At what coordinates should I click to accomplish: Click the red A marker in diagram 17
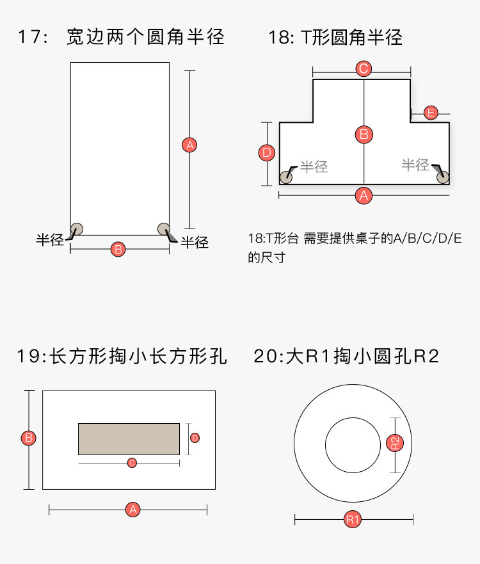pyautogui.click(x=189, y=145)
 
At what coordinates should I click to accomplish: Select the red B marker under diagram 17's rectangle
pyautogui.click(x=118, y=249)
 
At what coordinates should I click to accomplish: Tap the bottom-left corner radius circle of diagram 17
pyautogui.click(x=77, y=228)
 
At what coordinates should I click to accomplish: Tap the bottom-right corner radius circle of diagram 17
pyautogui.click(x=163, y=228)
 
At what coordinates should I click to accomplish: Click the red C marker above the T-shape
pyautogui.click(x=364, y=68)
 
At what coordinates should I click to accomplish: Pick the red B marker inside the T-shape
pyautogui.click(x=364, y=134)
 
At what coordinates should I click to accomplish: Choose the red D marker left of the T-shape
pyautogui.click(x=268, y=153)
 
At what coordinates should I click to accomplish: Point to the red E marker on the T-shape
pyautogui.click(x=431, y=113)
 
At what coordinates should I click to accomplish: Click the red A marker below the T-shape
pyautogui.click(x=364, y=195)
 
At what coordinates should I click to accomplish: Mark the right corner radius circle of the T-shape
pyautogui.click(x=442, y=177)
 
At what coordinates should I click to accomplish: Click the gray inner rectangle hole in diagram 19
pyautogui.click(x=129, y=439)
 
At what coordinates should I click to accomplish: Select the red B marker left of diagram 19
pyautogui.click(x=28, y=439)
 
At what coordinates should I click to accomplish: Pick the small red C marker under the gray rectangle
pyautogui.click(x=132, y=462)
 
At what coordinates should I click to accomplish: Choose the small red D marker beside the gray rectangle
pyautogui.click(x=195, y=438)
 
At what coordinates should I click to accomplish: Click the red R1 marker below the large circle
pyautogui.click(x=353, y=519)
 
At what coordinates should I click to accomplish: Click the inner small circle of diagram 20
pyautogui.click(x=353, y=445)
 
